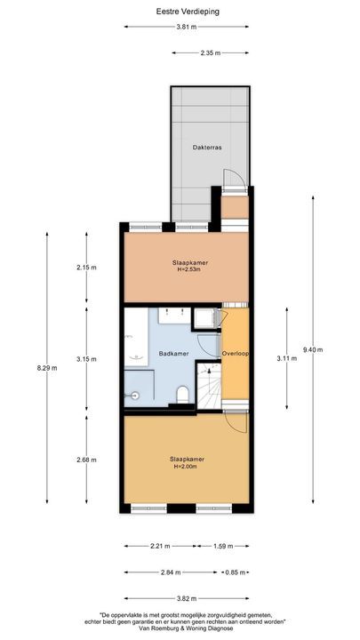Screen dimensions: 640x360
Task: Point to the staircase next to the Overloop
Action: tap(208, 388)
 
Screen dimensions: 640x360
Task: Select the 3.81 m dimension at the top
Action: tap(186, 28)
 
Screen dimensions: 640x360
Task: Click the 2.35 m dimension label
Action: tap(211, 53)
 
